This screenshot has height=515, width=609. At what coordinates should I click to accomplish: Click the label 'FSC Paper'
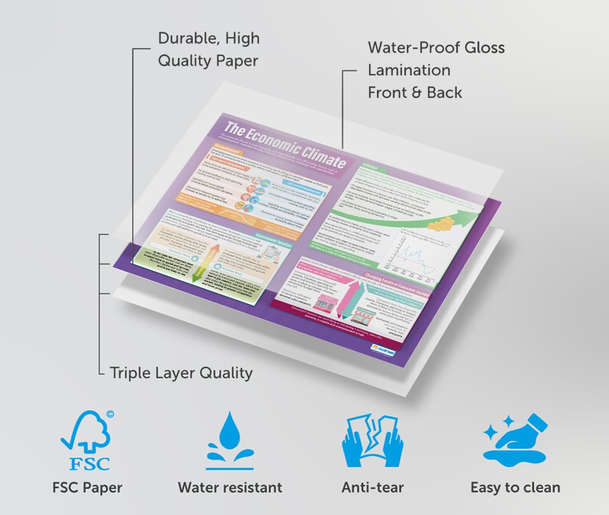[87, 488]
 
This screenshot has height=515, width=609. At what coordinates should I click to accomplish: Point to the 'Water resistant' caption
[230, 488]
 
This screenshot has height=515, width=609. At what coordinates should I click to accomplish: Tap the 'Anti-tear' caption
[373, 488]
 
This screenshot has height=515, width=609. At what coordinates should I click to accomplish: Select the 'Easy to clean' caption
[515, 488]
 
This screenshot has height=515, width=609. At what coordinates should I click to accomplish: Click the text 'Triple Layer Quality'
[181, 373]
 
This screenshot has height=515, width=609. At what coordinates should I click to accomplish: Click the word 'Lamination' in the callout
[409, 70]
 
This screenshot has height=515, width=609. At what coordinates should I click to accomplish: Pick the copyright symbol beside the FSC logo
[110, 414]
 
